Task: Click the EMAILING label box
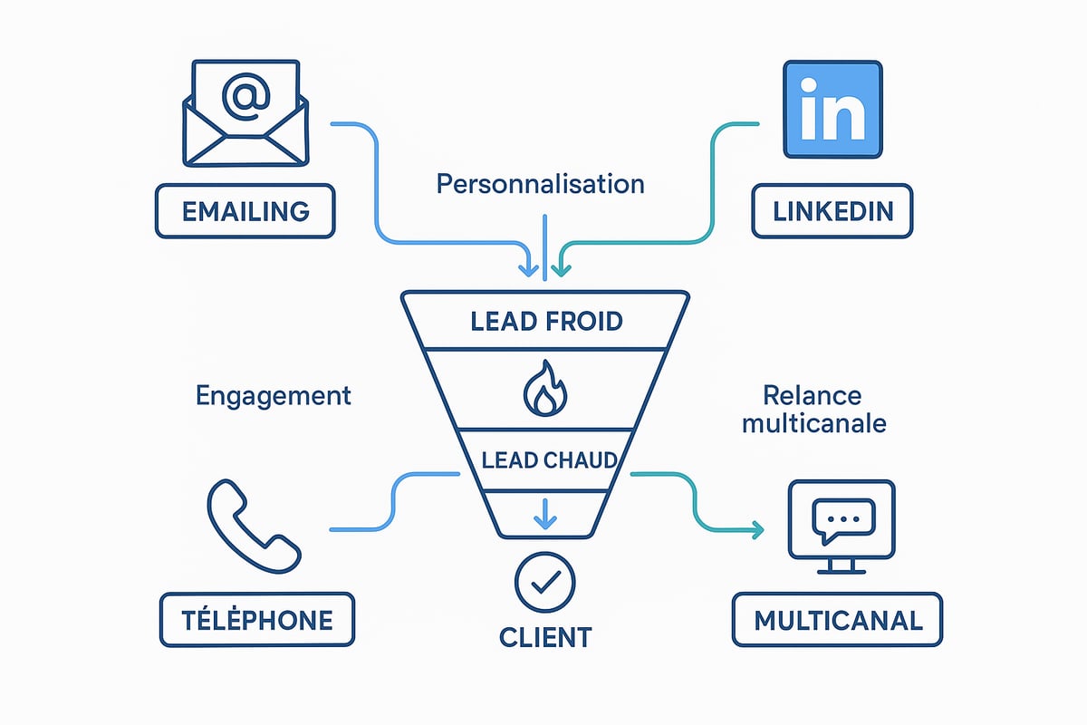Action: click(x=245, y=211)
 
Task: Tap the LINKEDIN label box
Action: click(x=832, y=211)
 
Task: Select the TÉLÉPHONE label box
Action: click(x=257, y=620)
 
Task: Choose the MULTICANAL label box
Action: click(x=837, y=620)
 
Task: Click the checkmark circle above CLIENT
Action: click(x=543, y=582)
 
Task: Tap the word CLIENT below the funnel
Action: click(x=544, y=636)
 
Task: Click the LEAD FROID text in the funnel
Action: click(x=546, y=322)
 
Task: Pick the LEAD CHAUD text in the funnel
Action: click(x=549, y=459)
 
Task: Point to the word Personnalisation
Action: click(x=540, y=184)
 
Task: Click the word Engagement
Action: click(x=273, y=395)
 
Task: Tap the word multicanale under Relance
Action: click(x=813, y=422)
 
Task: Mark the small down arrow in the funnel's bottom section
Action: click(x=544, y=516)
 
